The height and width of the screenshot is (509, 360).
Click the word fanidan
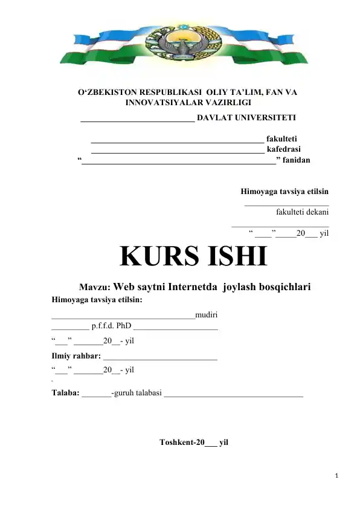(296, 160)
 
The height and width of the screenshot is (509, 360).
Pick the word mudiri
(207, 314)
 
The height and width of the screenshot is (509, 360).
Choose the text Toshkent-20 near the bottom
(181, 442)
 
